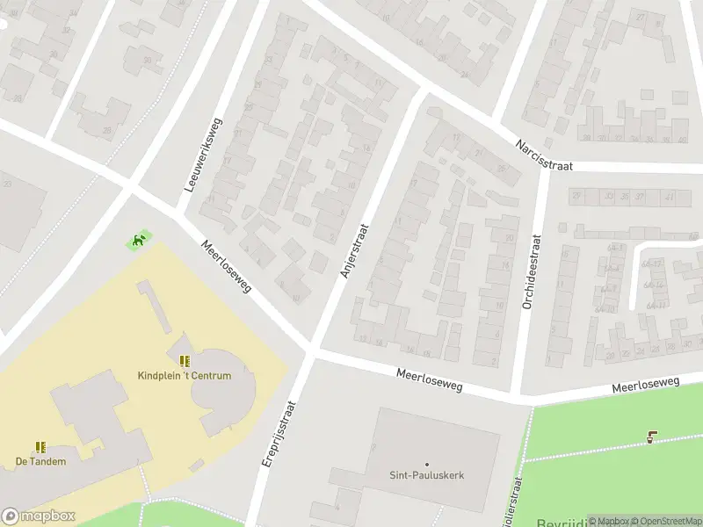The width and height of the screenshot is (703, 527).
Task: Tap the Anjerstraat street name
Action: [x=354, y=250]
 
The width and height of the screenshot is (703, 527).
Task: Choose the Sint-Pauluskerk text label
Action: [x=426, y=475]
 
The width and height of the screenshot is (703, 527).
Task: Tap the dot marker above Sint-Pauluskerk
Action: [x=427, y=464]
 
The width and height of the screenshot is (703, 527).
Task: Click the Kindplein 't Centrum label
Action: [x=185, y=376]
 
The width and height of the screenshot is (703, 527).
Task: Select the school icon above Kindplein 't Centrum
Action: [x=185, y=361]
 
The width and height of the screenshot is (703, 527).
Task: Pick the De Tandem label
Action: [x=40, y=461]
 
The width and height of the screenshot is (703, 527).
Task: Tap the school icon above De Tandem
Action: [x=40, y=447]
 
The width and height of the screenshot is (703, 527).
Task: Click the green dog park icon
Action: [x=138, y=239]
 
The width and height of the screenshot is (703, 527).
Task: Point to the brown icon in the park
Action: [x=651, y=437]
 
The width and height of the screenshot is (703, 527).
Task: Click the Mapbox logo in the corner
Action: [x=38, y=516]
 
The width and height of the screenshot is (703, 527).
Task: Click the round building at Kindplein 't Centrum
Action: [x=224, y=386]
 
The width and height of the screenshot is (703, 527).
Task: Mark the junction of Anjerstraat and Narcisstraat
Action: [x=422, y=94]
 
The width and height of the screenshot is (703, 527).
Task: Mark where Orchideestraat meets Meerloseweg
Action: [x=524, y=396]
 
